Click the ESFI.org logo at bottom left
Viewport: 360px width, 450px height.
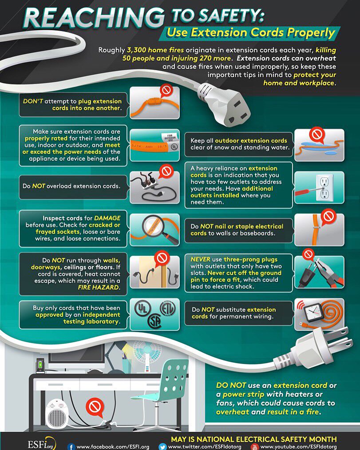pyautogui.click(x=41, y=443)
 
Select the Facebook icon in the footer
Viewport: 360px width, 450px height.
pyautogui.click(x=71, y=446)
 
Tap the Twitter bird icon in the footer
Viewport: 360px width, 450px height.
pyautogui.click(x=162, y=446)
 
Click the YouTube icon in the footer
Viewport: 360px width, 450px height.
pyautogui.click(x=254, y=446)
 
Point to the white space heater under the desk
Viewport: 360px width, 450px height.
pyautogui.click(x=56, y=414)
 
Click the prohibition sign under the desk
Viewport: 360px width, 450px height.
pyautogui.click(x=94, y=406)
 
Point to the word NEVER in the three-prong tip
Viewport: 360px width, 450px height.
pyautogui.click(x=201, y=259)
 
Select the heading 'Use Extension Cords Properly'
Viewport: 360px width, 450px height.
pyautogui.click(x=251, y=32)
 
